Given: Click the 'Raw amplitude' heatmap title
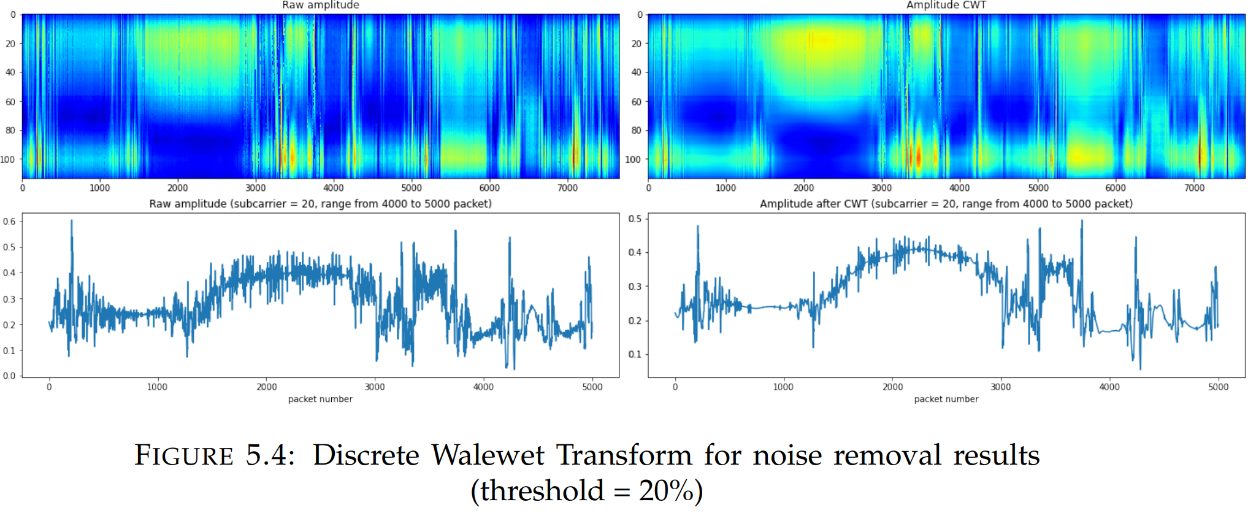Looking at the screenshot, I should click(320, 5).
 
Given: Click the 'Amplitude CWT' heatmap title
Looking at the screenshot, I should click(946, 5).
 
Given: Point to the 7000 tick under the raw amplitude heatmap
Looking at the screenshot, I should click(567, 188).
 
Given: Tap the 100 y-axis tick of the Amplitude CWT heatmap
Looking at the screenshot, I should click(632, 160).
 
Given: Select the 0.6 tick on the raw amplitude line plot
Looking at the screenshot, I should click(9, 222).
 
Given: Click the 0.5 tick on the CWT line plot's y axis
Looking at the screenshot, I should click(635, 219).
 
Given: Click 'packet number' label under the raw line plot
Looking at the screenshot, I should click(320, 399).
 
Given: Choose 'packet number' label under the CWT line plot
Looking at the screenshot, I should click(946, 399).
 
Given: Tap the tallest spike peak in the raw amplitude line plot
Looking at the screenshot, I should click(72, 221).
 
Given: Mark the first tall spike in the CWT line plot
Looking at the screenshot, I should click(697, 226).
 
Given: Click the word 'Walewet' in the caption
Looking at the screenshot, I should click(488, 455).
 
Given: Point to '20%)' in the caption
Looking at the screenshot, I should click(670, 491).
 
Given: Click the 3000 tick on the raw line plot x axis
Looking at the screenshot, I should click(375, 387).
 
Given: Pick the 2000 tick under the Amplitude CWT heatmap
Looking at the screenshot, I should click(803, 188).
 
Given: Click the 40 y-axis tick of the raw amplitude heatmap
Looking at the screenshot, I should click(10, 72).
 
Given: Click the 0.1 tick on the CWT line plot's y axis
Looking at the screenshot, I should click(635, 355).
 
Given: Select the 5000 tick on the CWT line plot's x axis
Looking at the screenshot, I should click(1218, 387).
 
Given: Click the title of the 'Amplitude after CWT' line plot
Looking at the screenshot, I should click(946, 204).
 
